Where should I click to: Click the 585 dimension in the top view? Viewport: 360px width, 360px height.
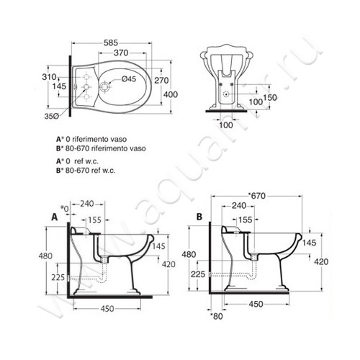pos(111,42)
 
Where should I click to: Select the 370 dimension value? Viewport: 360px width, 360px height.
pos(121,53)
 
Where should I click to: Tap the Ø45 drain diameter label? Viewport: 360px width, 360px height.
pos(129,78)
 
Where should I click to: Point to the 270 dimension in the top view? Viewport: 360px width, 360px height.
pos(161,81)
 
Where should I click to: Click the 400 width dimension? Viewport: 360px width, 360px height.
pos(171,94)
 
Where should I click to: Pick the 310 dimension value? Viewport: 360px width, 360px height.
pos(49,77)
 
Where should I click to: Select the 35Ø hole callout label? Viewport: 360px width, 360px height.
pos(51,116)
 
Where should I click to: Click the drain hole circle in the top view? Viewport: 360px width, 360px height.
pos(104,86)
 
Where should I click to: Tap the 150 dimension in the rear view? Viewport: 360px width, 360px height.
pos(270,98)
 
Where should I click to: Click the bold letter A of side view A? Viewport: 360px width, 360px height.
pos(55,217)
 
